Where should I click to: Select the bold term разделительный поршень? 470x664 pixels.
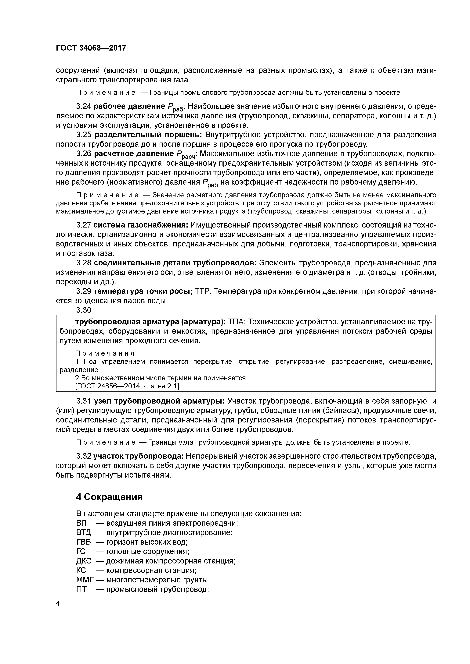pyautogui.click(x=149, y=135)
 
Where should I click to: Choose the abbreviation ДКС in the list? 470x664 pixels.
pyautogui.click(x=84, y=561)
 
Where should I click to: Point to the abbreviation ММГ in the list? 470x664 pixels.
pyautogui.click(x=85, y=580)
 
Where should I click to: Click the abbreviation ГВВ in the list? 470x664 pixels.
pyautogui.click(x=83, y=542)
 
